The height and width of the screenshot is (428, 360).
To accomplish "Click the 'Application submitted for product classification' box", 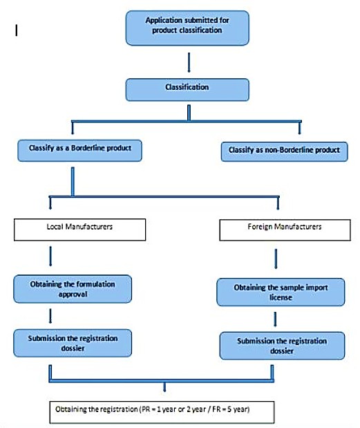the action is (x=187, y=28).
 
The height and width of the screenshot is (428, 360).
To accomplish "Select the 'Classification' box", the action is (x=187, y=89).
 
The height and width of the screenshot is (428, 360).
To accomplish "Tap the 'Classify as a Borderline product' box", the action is (x=79, y=151).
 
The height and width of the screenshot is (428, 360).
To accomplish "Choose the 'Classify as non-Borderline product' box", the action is (x=284, y=151).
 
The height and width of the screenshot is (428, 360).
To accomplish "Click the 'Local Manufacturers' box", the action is (x=79, y=230).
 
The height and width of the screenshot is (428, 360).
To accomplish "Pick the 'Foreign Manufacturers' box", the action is (x=285, y=230).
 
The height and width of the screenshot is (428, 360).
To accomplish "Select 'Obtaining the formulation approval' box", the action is (x=73, y=289).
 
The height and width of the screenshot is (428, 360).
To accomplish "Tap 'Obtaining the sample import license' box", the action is (x=281, y=292).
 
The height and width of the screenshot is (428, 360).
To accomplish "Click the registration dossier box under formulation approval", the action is (x=73, y=343).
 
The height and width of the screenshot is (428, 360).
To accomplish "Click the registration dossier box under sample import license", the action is (x=282, y=346).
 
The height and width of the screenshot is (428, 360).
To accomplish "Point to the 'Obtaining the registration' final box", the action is (x=162, y=412).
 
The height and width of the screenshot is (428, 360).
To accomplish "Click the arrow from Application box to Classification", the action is (x=189, y=62).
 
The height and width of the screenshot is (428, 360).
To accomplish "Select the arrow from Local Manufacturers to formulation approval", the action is (x=50, y=256).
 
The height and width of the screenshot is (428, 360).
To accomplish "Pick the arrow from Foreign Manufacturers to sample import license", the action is (x=276, y=259).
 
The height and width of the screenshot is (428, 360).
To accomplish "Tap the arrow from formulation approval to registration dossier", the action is (x=50, y=316).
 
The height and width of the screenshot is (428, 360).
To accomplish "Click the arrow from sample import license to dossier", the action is (x=275, y=319).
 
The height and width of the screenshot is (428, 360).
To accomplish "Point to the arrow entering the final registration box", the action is (x=164, y=387).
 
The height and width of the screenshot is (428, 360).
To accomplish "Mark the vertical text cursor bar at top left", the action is (x=17, y=30).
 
